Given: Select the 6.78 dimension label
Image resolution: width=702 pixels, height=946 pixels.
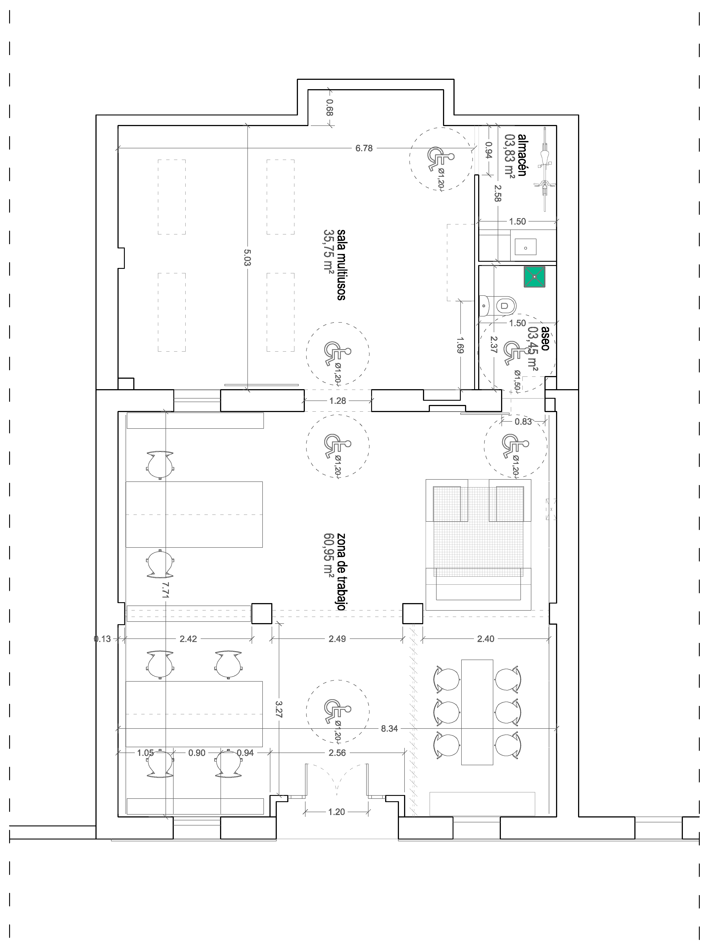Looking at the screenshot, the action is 364,148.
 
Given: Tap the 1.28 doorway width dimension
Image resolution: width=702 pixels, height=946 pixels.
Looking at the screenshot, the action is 338,401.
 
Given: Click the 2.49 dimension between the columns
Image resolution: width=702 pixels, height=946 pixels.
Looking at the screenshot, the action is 337,639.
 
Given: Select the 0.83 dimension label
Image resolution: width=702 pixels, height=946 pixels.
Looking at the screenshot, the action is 523,422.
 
